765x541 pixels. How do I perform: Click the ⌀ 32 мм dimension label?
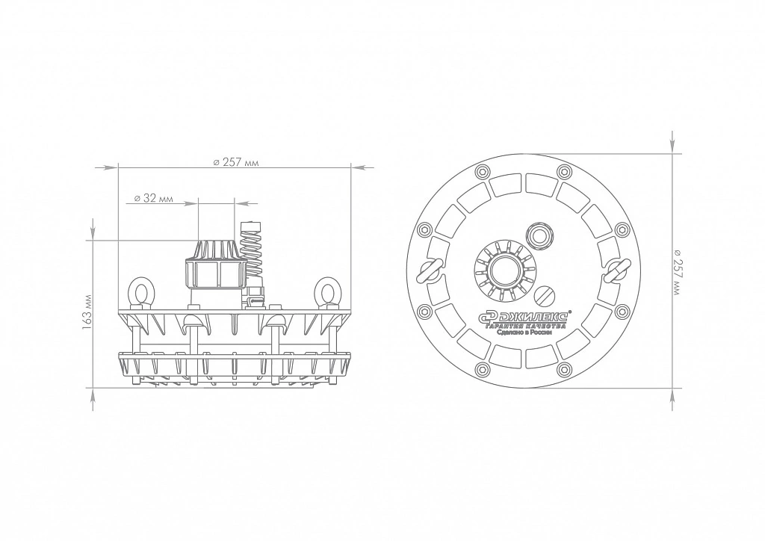click(x=152, y=199)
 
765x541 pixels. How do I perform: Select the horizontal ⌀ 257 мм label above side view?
click(x=235, y=162)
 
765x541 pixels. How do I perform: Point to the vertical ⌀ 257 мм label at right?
click(x=677, y=272)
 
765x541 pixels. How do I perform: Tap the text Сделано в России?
click(x=524, y=333)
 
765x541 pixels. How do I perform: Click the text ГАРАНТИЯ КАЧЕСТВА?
click(x=524, y=325)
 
